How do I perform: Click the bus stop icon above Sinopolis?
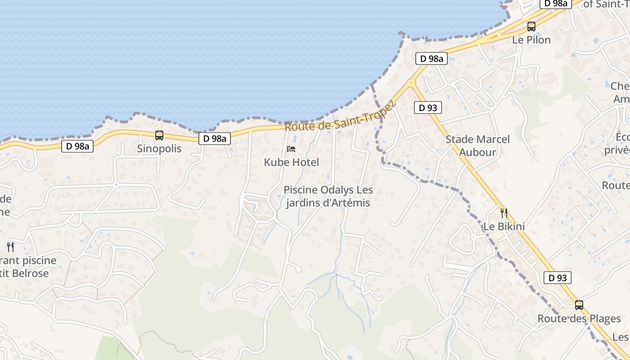159,135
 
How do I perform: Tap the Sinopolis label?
159,148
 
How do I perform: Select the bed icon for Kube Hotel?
291,149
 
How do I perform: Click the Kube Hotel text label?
291,162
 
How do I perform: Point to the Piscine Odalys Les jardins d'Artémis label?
328,196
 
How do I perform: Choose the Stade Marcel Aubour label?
477,146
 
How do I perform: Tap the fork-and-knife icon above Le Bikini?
504,213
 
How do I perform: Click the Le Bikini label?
504,226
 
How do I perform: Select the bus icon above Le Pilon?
531,26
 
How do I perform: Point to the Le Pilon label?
531,40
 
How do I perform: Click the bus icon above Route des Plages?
579,305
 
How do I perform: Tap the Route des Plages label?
579,319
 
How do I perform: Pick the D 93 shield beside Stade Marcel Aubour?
427,108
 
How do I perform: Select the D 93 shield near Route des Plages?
558,278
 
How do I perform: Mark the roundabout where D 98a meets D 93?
411,83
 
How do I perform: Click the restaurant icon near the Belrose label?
10,247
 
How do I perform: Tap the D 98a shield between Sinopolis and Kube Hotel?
215,139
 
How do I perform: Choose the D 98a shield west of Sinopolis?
77,146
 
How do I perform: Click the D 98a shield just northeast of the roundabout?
431,58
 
